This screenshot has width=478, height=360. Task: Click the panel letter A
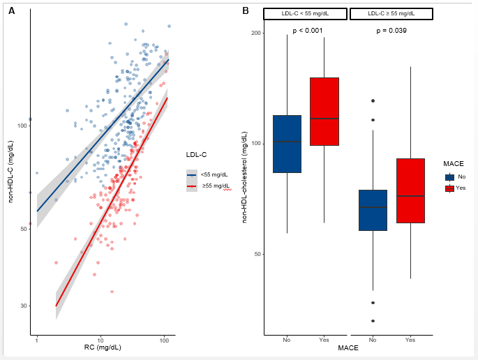click(x=11, y=11)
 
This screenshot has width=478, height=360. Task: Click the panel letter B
click(x=246, y=10)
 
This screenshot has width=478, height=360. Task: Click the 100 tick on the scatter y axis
click(x=21, y=126)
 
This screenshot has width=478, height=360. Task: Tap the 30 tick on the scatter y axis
click(x=22, y=306)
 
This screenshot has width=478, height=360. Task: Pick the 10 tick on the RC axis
click(x=100, y=340)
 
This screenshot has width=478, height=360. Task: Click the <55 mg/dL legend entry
click(x=214, y=174)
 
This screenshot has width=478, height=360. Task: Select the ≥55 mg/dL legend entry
click(x=215, y=186)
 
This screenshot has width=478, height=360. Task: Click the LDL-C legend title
click(x=196, y=154)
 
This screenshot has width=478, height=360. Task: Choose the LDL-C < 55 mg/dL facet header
click(x=305, y=14)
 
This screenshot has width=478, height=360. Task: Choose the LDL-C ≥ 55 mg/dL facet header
click(x=391, y=14)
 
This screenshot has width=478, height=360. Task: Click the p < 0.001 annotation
click(x=307, y=31)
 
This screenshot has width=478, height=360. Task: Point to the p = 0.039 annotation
click(x=391, y=31)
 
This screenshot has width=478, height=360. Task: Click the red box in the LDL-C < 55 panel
click(x=324, y=112)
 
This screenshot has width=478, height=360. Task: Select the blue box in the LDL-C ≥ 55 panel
click(x=373, y=210)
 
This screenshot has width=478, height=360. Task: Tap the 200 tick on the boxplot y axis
click(x=255, y=33)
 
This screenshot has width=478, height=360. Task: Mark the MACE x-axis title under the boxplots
click(x=348, y=347)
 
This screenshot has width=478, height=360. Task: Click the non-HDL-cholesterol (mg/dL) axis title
click(x=245, y=181)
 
